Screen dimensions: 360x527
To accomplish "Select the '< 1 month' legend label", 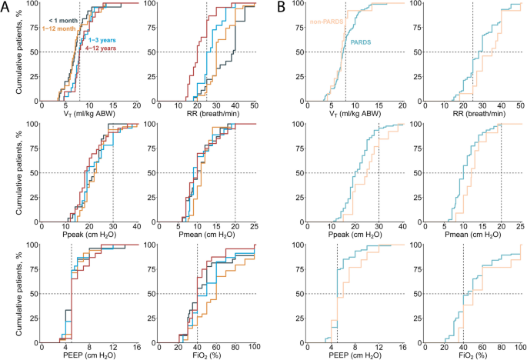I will coord(64,18).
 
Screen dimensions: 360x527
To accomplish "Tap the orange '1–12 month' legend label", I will coord(59,28).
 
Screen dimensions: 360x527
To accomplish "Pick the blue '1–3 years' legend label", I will coord(102,39).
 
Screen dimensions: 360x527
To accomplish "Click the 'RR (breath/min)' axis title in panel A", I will coord(205,115).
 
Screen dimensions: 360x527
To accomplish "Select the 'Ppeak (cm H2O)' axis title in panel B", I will coord(355,235).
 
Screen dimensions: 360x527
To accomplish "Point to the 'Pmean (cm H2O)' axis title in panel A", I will coord(205,235).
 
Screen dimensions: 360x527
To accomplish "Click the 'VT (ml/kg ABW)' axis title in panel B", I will coord(355,115).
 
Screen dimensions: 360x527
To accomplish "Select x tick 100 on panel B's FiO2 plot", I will coord(520,346).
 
